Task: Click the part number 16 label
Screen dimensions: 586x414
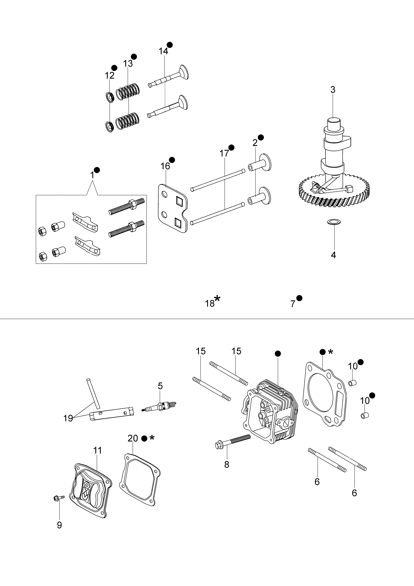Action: [165, 166]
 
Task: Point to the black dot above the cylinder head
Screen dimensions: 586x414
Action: [278, 353]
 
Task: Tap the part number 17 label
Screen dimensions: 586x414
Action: [224, 153]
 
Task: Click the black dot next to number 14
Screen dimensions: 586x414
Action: [170, 45]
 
